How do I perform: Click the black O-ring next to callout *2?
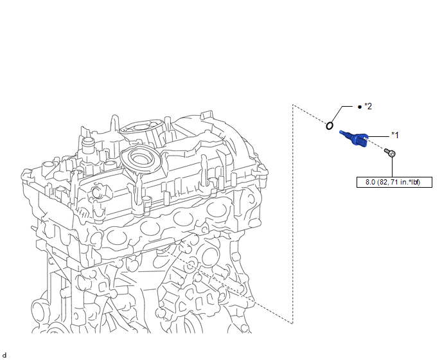tap(329, 125)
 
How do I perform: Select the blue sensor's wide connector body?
tap(360, 140)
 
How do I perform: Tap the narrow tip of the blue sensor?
tap(342, 132)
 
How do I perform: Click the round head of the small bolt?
tap(392, 154)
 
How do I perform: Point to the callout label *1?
tap(395, 136)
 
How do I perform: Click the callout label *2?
tap(368, 106)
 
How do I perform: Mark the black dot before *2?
tap(359, 107)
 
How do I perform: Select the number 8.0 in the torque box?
tap(371, 183)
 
